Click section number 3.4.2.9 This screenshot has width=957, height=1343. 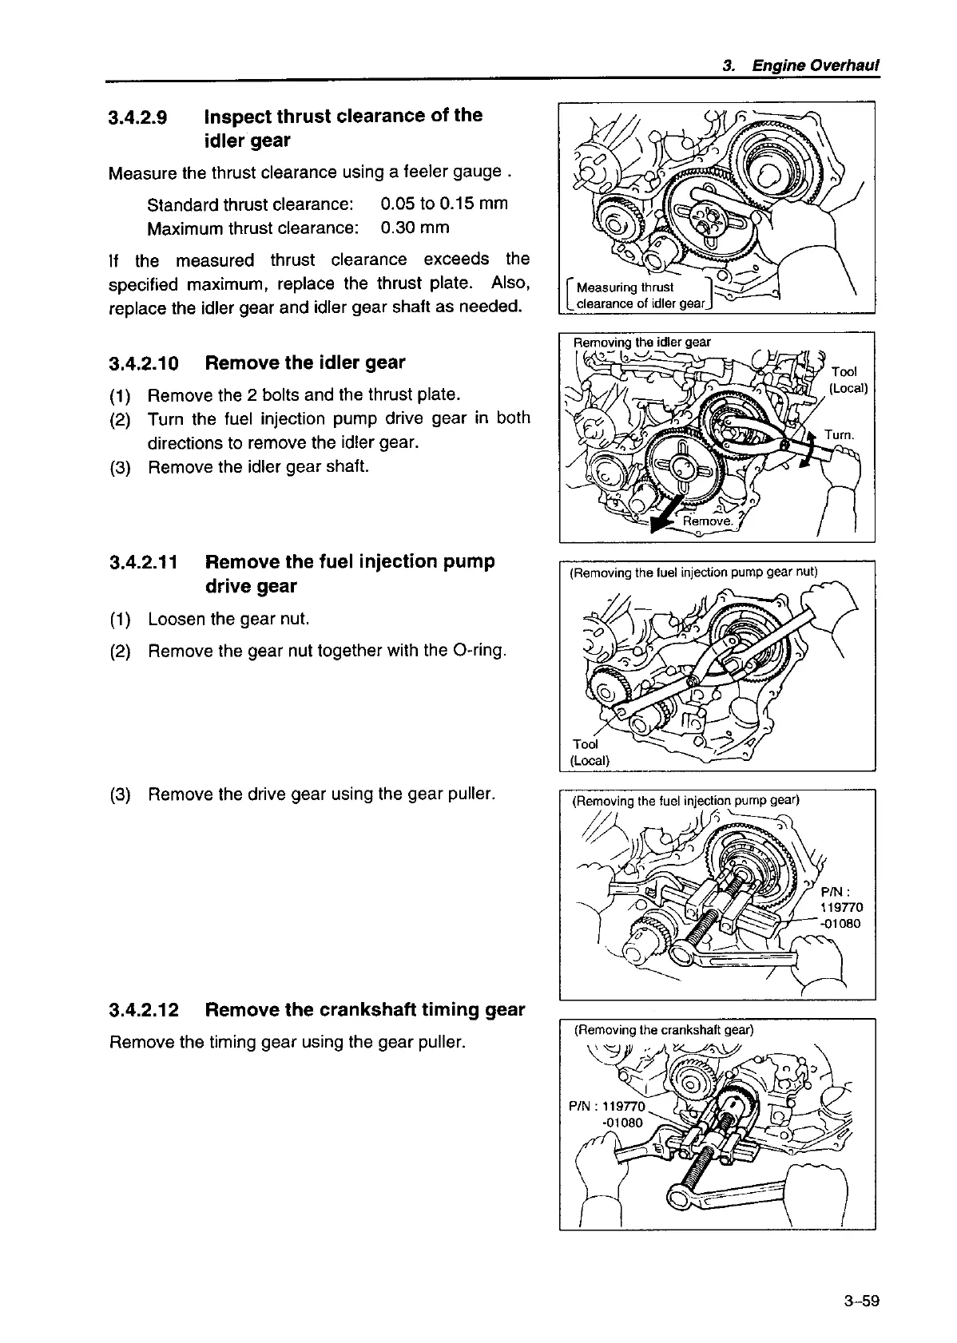point(137,117)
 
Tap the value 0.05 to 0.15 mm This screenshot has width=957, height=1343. point(444,203)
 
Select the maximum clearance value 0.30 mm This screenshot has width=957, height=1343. point(415,228)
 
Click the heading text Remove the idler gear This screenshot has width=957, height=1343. point(305,362)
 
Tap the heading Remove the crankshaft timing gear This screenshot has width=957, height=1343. point(365,1009)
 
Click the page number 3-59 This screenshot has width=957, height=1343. point(860,1301)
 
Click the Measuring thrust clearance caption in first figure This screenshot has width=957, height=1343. point(641,295)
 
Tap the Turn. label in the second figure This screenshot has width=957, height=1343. point(840,435)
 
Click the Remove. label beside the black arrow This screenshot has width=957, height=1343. point(708,521)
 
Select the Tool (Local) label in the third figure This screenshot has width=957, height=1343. point(590,752)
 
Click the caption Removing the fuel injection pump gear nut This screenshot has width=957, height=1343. point(693,572)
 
